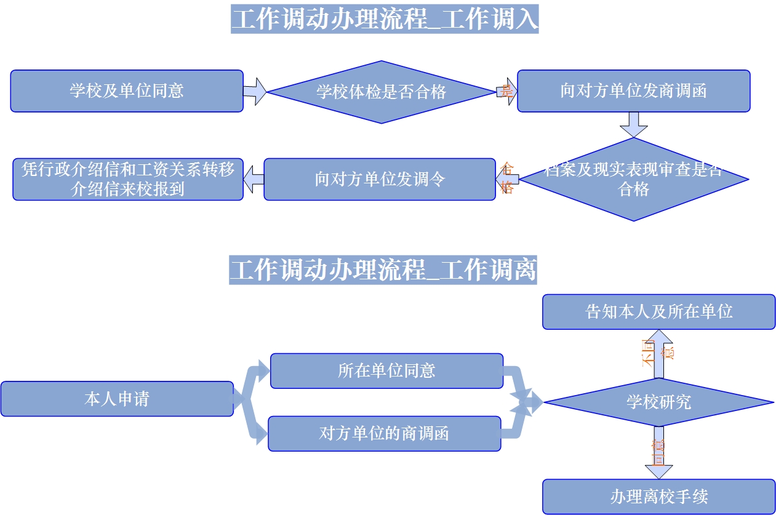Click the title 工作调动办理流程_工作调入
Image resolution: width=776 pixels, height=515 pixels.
click(x=385, y=19)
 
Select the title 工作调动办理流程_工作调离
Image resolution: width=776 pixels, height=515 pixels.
click(x=383, y=269)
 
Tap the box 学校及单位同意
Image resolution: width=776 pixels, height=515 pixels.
click(x=127, y=91)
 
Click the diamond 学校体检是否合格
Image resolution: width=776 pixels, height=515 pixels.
click(x=382, y=92)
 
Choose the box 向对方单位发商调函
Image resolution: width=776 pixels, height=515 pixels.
click(x=633, y=91)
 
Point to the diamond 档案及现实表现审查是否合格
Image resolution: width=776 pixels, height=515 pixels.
click(x=634, y=180)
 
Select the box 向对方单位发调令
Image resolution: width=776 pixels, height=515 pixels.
click(x=379, y=180)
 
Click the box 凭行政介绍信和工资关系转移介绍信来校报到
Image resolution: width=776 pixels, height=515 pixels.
click(x=128, y=179)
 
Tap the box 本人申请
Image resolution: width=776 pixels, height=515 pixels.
click(x=117, y=399)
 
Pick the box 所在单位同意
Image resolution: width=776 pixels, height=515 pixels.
click(x=386, y=370)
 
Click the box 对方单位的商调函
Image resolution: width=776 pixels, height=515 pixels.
click(x=384, y=433)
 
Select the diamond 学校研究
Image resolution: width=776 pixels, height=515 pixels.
click(x=658, y=402)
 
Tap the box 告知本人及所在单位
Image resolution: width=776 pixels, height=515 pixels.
click(x=658, y=311)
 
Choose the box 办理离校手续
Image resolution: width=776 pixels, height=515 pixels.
click(x=658, y=497)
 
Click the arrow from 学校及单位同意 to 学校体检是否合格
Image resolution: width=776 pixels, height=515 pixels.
click(x=255, y=92)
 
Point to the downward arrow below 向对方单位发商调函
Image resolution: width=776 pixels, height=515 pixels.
click(x=633, y=124)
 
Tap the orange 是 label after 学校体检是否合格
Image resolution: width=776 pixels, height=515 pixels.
click(x=506, y=92)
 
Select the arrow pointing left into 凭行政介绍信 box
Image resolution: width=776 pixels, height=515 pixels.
click(x=254, y=180)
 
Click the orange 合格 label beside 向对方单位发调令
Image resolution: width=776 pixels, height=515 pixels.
click(x=507, y=178)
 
